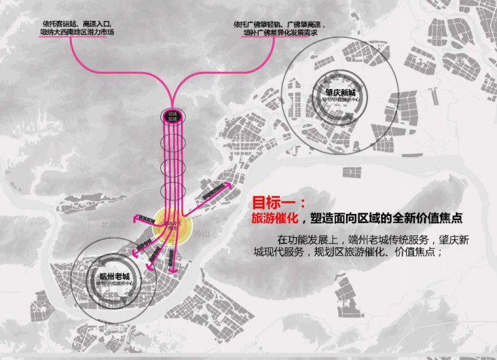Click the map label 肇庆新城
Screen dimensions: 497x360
point(340,92)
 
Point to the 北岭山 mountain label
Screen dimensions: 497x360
point(112,224)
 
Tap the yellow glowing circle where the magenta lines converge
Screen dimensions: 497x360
point(172,228)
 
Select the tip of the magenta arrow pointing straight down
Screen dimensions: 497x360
point(173,269)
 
